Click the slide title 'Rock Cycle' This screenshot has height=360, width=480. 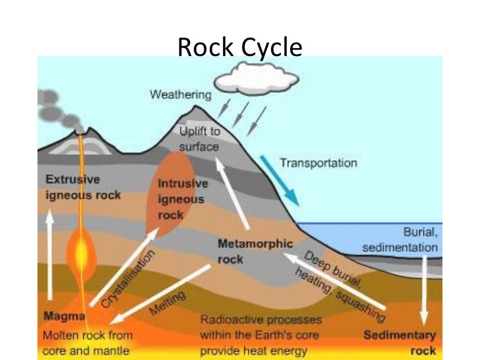pyautogui.click(x=240, y=47)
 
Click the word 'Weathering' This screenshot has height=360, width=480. pyautogui.click(x=181, y=94)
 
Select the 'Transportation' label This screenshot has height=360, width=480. pyautogui.click(x=319, y=162)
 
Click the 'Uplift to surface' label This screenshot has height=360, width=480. pyautogui.click(x=198, y=140)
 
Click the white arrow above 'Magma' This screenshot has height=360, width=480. pyautogui.click(x=50, y=256)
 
